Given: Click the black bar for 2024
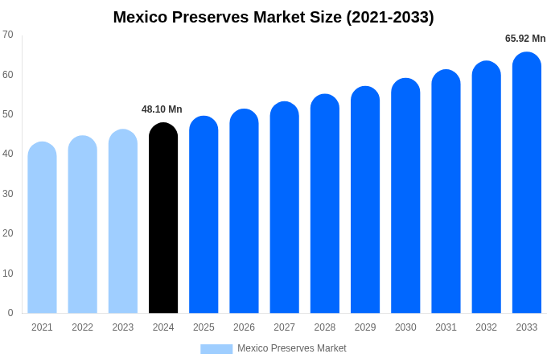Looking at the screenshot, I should (x=163, y=218).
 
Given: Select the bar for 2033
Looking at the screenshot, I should (x=526, y=183).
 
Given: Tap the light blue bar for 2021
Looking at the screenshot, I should (x=42, y=228).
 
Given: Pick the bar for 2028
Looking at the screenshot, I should (x=325, y=204).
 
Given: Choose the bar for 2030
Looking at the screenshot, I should (x=405, y=195).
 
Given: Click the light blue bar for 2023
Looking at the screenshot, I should (x=123, y=221).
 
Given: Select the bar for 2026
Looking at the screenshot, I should (x=244, y=211).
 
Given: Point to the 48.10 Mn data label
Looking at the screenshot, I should (x=162, y=109).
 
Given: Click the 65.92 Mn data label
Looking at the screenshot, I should (x=524, y=39).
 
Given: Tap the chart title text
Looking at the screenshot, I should (x=273, y=17).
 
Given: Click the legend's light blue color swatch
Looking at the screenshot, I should (x=216, y=348).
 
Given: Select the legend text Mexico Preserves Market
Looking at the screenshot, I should (x=291, y=348).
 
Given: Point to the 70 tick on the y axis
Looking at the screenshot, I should (x=8, y=35).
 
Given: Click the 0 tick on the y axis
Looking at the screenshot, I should (x=10, y=313).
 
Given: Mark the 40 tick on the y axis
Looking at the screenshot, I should (x=8, y=154).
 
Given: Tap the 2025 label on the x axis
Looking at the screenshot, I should (x=204, y=327).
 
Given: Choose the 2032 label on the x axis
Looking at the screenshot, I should (x=486, y=327).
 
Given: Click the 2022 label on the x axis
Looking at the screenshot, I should (x=82, y=327).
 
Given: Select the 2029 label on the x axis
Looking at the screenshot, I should (x=365, y=327).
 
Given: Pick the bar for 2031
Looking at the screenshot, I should (x=446, y=191).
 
